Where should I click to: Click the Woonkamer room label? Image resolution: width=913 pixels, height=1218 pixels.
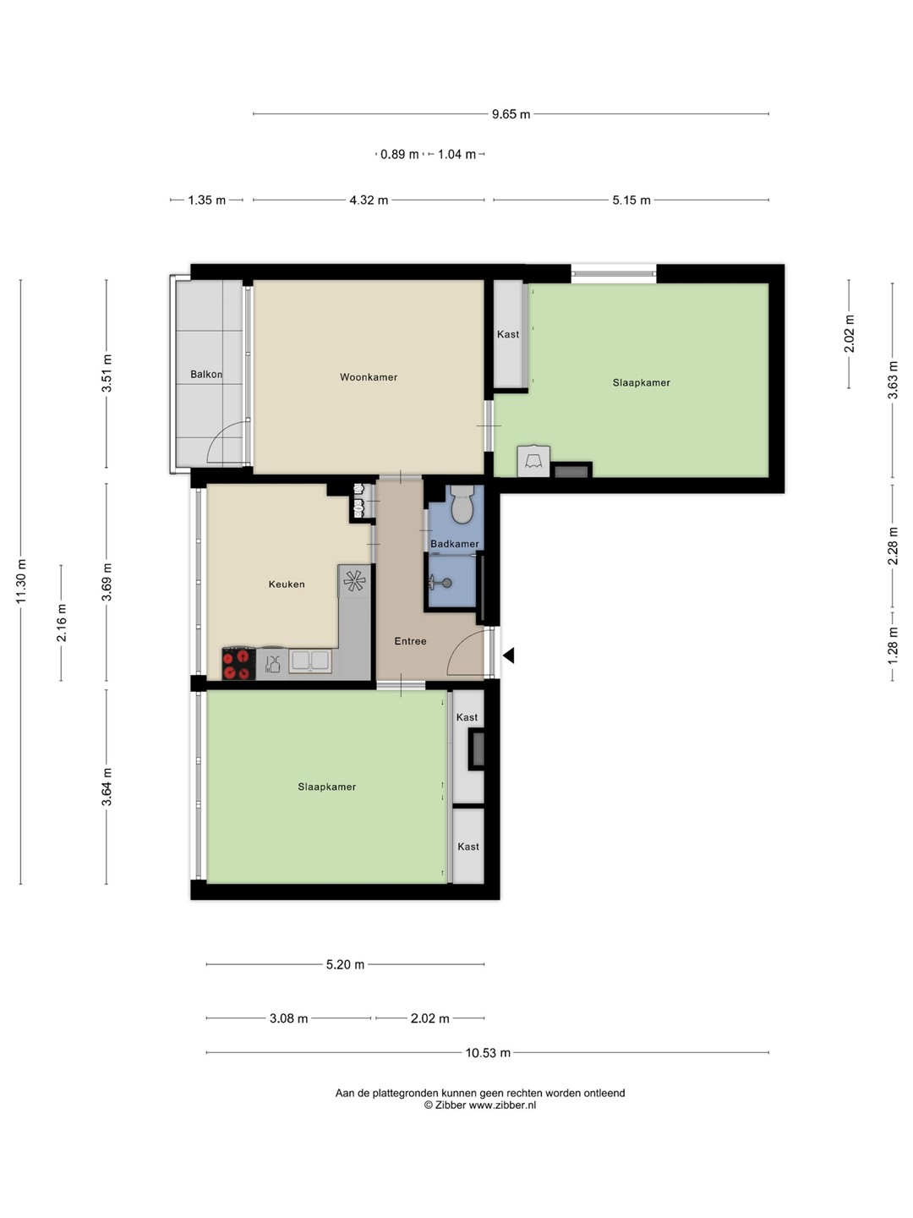point(368,377)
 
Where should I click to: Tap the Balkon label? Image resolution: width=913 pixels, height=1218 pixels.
point(206,375)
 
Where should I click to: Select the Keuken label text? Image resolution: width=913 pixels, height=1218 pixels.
point(287,584)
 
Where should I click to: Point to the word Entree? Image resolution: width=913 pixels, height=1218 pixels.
point(410,641)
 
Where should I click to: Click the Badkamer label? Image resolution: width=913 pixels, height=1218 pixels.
point(455,544)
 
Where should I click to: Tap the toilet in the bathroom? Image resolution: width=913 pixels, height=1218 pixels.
point(461,504)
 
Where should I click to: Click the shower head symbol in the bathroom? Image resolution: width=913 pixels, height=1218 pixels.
point(440,583)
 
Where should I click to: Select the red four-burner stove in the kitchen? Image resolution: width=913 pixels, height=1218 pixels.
point(238,664)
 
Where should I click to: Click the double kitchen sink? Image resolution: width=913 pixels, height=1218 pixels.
point(310,661)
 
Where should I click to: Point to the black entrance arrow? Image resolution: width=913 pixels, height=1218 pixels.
point(509,656)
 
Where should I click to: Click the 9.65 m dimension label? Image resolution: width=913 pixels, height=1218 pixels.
point(511,114)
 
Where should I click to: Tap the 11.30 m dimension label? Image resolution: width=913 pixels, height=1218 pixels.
point(21,581)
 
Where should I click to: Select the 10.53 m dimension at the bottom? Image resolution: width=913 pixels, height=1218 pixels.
point(488,1053)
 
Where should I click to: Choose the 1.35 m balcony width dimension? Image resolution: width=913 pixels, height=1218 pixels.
point(207,200)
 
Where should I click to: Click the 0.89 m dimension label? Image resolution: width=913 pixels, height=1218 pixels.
point(399,154)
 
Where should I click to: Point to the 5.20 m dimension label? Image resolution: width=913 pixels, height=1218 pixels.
point(345,965)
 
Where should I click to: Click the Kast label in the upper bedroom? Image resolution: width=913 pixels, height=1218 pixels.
point(508,335)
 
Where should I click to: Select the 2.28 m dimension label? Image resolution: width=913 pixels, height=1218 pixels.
point(893,546)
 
